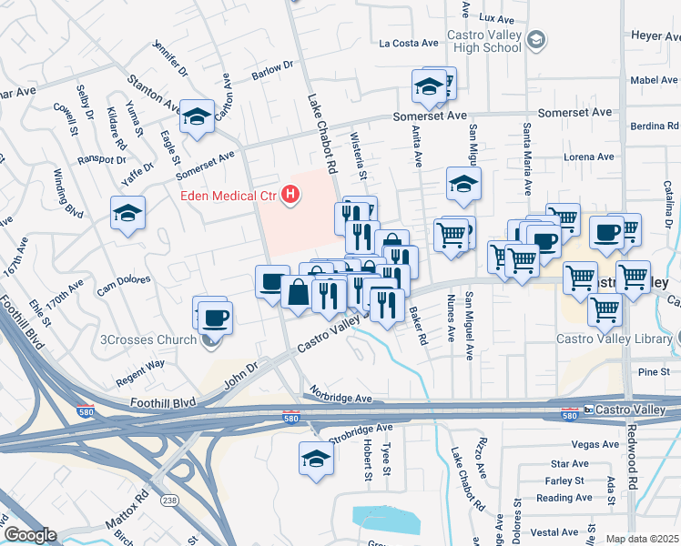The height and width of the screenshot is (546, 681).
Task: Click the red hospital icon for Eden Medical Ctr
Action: [x=290, y=194]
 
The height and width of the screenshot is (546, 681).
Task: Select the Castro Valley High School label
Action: [x=483, y=42]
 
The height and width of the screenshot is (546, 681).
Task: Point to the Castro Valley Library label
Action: [x=613, y=339]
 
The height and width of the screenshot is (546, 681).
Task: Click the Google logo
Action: [x=29, y=535]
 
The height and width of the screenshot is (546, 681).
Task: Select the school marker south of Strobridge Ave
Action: [x=316, y=458]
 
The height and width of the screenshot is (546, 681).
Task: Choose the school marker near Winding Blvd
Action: [x=127, y=214]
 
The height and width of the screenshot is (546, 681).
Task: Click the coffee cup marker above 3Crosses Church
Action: [x=216, y=318]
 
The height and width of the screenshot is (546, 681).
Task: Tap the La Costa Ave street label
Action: [x=410, y=43]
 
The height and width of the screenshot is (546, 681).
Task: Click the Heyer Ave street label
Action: [x=655, y=36]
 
